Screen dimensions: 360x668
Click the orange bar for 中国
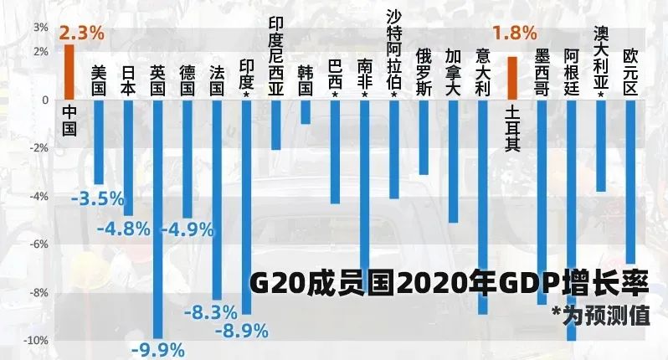pos(69,72)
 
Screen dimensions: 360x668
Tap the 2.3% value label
pos(81,33)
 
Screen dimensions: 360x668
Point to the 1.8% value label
pos(514,33)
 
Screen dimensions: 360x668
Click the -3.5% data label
pos(97,200)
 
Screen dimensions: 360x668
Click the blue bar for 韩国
pos(306,112)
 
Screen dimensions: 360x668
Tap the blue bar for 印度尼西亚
pos(275,125)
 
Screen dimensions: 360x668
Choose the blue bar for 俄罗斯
pos(424,137)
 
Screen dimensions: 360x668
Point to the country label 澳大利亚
pos(600,58)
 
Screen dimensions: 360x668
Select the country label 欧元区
pos(630,71)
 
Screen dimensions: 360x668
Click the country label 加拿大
pos(453,71)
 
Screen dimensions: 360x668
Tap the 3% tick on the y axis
pos(40,27)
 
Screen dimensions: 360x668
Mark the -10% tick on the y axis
pos(37,341)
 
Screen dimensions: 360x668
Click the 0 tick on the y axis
pos(45,100)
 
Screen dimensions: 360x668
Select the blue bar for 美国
pos(99,142)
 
